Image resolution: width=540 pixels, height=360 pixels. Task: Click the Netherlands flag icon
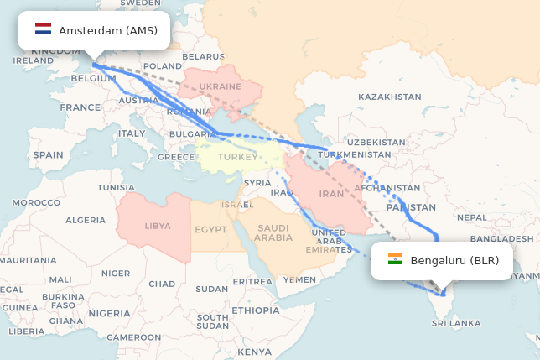[43, 30]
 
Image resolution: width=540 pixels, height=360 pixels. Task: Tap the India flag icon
[395, 260]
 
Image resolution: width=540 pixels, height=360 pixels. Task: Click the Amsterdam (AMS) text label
[108, 30]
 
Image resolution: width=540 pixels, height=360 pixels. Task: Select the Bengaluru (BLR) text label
[454, 260]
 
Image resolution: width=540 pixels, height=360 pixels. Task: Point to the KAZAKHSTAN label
[390, 97]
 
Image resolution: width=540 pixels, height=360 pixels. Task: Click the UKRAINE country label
[221, 86]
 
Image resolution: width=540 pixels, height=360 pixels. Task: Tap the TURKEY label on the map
[238, 157]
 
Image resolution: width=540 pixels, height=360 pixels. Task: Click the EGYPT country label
[210, 228]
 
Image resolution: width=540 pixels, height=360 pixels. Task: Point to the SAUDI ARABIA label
[273, 232]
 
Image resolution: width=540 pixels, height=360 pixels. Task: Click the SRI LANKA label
[456, 323]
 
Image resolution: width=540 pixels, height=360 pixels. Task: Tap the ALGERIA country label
[86, 220]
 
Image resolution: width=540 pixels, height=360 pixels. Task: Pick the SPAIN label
[48, 155]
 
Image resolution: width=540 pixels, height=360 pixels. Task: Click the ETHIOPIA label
[256, 310]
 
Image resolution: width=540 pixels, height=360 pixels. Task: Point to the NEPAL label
[472, 217]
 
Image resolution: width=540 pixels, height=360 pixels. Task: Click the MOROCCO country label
[36, 202]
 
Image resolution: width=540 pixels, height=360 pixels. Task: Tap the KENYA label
[255, 351]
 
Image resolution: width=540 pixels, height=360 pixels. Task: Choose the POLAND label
[163, 65]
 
